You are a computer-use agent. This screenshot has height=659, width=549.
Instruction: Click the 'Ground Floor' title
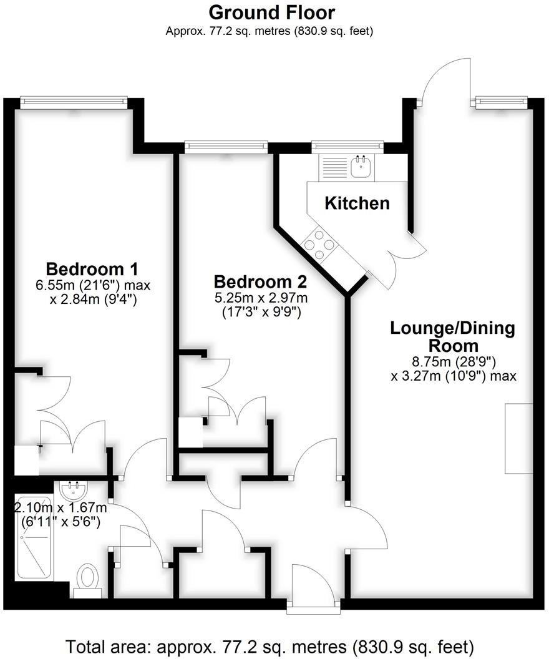pyautogui.click(x=271, y=12)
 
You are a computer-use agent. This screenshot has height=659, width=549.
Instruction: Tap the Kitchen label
pyautogui.click(x=357, y=203)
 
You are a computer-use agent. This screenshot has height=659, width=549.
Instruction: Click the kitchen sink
pyautogui.click(x=361, y=166)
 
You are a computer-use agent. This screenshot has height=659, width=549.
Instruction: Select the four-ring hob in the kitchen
pyautogui.click(x=318, y=245)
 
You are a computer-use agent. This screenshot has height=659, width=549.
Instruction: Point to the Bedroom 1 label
pyautogui.click(x=92, y=270)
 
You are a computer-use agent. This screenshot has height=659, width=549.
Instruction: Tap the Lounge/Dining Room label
pyautogui.click(x=452, y=336)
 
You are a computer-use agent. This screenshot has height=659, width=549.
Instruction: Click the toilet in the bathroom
pyautogui.click(x=88, y=577)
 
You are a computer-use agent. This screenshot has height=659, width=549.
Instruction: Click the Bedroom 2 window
pyautogui.click(x=226, y=146)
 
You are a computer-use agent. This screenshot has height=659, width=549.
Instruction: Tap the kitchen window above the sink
pyautogui.click(x=347, y=146)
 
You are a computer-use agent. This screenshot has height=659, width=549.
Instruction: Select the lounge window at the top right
pyautogui.click(x=502, y=102)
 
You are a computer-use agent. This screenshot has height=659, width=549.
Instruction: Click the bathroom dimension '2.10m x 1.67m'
pyautogui.click(x=57, y=508)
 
